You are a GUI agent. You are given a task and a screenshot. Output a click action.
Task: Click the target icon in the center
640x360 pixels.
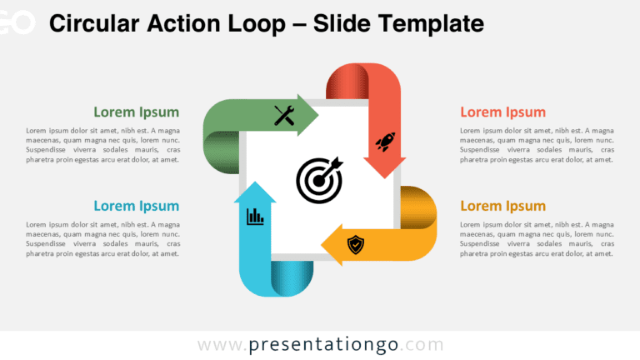(319, 180)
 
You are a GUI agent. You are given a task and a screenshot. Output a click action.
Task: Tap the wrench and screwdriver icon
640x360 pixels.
(284, 116)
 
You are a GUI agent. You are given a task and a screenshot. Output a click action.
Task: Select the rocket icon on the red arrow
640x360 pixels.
(385, 142)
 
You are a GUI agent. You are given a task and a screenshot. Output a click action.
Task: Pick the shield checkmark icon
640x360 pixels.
(356, 244)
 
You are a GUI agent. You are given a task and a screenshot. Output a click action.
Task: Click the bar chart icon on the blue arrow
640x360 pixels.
(255, 217)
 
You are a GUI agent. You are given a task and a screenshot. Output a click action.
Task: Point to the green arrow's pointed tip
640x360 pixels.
(318, 115)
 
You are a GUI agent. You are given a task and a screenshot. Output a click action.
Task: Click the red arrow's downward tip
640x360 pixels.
(384, 178)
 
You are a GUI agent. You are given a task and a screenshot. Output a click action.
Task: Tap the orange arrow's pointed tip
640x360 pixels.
(322, 245)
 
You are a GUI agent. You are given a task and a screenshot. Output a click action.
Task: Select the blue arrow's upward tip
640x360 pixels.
(255, 182)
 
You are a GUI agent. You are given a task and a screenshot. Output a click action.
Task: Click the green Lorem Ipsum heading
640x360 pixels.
(137, 112)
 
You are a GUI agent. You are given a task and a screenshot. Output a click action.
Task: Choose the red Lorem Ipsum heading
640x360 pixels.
(502, 112)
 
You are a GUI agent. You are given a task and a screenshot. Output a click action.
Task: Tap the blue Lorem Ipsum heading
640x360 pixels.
(137, 206)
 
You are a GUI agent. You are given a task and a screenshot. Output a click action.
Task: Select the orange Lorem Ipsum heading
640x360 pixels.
(502, 206)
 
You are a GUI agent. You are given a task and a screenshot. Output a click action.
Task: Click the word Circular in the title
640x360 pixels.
(94, 23)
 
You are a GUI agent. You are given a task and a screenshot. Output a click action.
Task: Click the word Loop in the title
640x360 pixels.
(257, 24)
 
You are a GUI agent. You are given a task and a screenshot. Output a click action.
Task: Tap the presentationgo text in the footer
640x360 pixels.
(323, 344)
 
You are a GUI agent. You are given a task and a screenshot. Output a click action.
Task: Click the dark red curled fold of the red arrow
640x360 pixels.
(347, 81)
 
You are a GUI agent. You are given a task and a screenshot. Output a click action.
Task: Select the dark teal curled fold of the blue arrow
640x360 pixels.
(292, 278)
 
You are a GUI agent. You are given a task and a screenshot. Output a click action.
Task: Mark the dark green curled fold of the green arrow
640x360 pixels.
(221, 152)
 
